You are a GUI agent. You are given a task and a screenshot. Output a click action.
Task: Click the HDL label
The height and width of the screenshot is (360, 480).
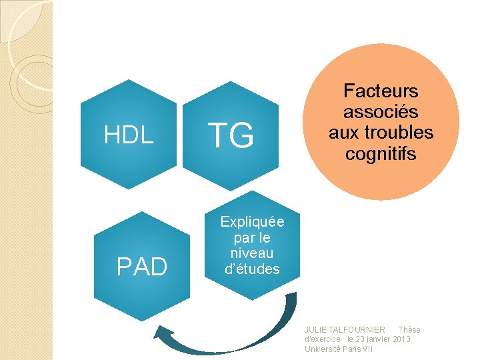click(x=129, y=135)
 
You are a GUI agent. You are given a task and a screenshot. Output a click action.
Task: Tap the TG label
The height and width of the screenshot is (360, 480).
click(x=231, y=135)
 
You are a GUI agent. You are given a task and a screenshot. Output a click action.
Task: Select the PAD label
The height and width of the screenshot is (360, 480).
click(x=141, y=267)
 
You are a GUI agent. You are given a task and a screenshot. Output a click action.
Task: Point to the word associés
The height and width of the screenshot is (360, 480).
click(x=381, y=111)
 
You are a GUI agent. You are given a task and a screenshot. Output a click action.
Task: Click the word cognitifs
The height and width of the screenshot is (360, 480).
click(x=381, y=154)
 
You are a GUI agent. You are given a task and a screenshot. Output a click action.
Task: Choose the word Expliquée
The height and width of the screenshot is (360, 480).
click(x=252, y=222)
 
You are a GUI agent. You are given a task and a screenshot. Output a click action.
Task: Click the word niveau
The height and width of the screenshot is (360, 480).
click(x=252, y=253)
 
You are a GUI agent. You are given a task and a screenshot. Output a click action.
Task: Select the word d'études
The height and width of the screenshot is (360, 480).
click(x=252, y=269)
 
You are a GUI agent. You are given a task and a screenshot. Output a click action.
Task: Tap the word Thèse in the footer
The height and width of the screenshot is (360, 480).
click(x=409, y=330)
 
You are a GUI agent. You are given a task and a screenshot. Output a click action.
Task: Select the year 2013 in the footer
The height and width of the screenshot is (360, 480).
click(x=402, y=339)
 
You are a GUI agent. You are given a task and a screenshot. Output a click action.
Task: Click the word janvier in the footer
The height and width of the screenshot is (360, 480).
click(x=378, y=339)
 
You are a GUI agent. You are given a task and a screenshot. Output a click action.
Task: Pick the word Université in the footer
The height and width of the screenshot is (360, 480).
click(x=322, y=349)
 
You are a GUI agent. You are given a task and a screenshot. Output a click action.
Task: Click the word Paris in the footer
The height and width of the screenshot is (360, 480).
click(x=351, y=349)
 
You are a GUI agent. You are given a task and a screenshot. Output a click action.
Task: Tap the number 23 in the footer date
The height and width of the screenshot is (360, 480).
click(x=359, y=339)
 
